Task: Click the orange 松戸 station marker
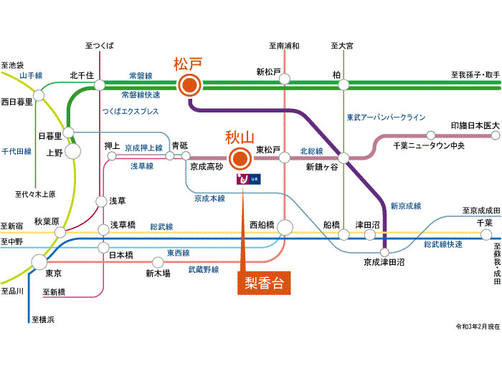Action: tap(189, 85)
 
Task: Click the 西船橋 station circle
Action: tap(285, 228)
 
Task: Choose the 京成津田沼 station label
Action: tap(384, 264)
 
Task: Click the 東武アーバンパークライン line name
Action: tap(386, 117)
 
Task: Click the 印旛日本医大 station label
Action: tap(475, 125)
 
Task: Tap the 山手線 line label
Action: tap(32, 74)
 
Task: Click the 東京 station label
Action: tap(53, 274)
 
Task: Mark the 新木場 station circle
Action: tap(158, 262)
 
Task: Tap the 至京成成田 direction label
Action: tap(480, 211)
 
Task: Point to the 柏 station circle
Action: tap(344, 85)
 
